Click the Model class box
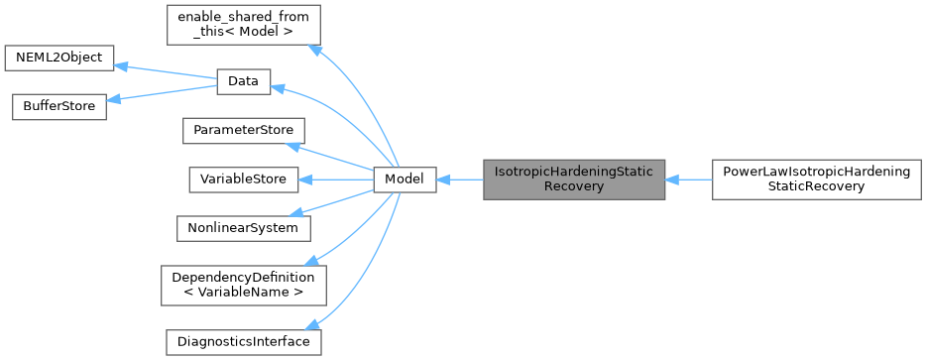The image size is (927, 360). click(x=405, y=180)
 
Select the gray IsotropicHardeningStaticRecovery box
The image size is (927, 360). click(x=574, y=180)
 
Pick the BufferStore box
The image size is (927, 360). click(x=58, y=107)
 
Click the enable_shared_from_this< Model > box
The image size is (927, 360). click(x=243, y=24)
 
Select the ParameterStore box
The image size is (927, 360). click(x=243, y=131)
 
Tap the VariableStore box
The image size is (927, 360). click(x=243, y=180)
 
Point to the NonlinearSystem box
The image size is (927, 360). click(x=243, y=227)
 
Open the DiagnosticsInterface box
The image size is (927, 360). click(x=243, y=341)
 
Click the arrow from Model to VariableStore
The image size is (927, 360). click(x=337, y=180)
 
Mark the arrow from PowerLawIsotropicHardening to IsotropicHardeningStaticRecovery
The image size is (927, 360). click(x=689, y=180)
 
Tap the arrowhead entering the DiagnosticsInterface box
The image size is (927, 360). click(x=314, y=325)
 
